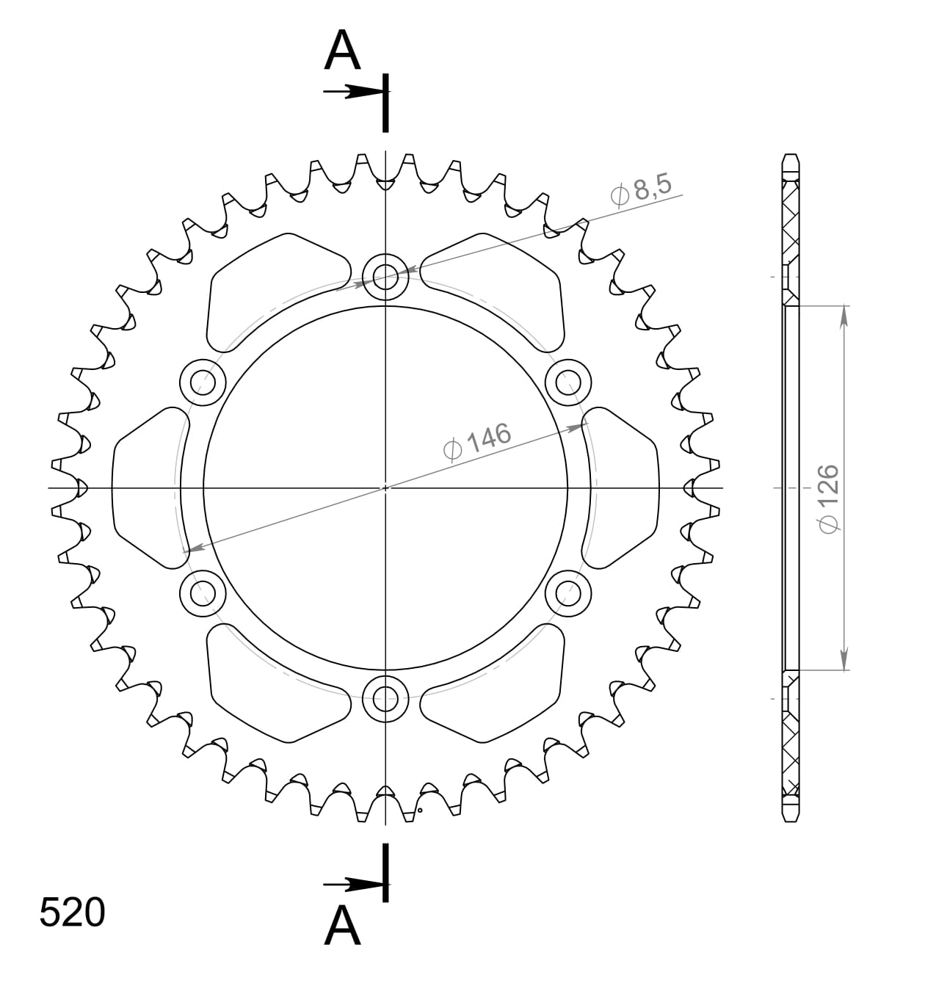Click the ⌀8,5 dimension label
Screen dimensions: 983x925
(x=641, y=190)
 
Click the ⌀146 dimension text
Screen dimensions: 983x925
(x=477, y=441)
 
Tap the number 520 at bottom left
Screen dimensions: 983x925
(x=72, y=913)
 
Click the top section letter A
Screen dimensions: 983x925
(x=343, y=52)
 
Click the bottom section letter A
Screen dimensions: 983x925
(x=343, y=926)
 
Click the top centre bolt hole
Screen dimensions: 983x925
(x=385, y=278)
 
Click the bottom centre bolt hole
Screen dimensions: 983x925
(x=385, y=698)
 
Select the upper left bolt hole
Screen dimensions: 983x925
(x=203, y=382)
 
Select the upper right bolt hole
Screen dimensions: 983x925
(x=568, y=382)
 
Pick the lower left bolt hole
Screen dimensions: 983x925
(x=203, y=592)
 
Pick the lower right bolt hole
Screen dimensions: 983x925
(x=568, y=592)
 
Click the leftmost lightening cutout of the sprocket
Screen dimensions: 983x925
(x=147, y=487)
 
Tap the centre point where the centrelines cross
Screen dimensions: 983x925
(x=385, y=487)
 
